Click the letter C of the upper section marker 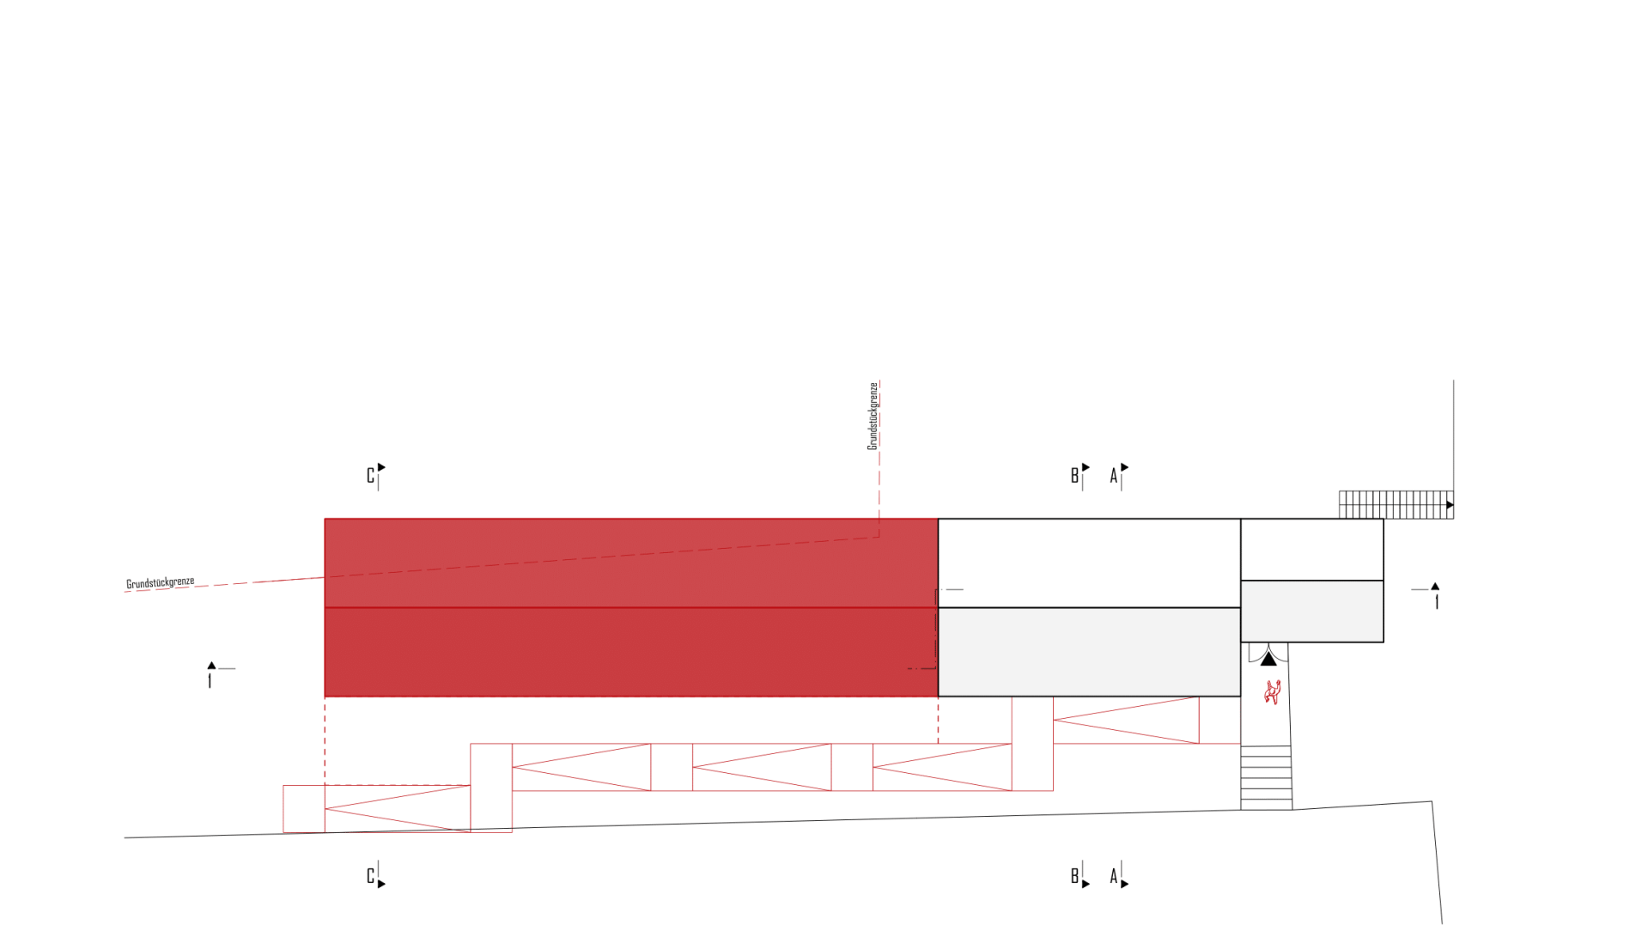point(370,476)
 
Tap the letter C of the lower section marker point(370,876)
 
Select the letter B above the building point(1074,476)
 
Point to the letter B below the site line point(1074,876)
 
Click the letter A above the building point(1114,476)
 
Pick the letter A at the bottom point(1114,876)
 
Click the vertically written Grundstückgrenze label point(873,417)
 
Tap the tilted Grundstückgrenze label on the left point(161,583)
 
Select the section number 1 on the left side point(210,681)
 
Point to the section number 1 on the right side point(1437,602)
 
